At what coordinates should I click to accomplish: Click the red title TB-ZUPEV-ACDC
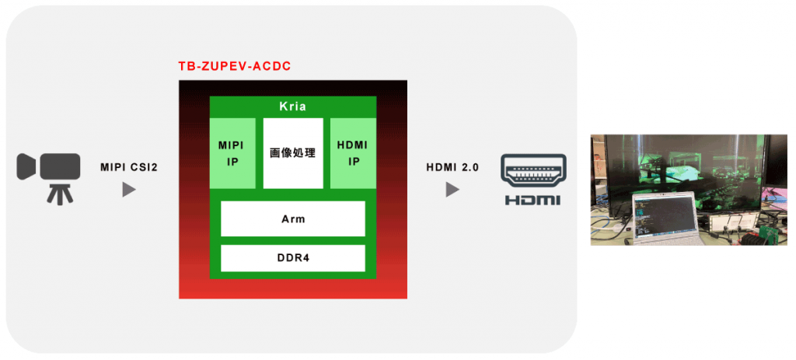(x=235, y=66)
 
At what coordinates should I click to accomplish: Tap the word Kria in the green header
(x=292, y=107)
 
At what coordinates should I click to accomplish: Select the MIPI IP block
(x=232, y=153)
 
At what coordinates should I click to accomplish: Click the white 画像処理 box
(x=292, y=153)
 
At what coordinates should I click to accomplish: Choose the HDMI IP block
(x=353, y=153)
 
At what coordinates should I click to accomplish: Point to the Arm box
(x=292, y=218)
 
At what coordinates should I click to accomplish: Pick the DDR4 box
(x=292, y=258)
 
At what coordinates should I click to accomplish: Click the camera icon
(x=51, y=166)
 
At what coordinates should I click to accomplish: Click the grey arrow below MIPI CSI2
(x=129, y=190)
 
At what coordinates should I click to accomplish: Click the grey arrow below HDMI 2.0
(x=452, y=190)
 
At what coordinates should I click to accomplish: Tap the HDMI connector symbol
(x=533, y=171)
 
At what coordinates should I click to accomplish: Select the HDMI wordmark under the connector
(x=533, y=201)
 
